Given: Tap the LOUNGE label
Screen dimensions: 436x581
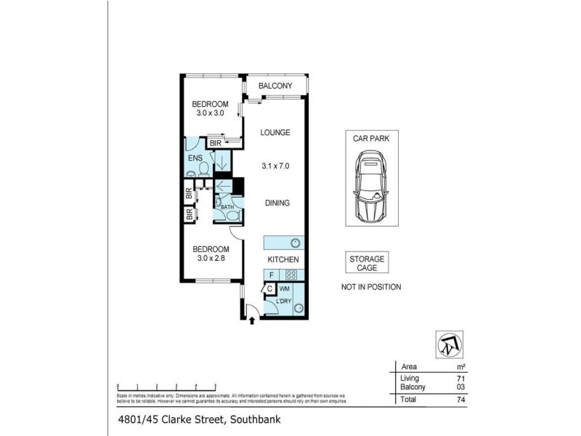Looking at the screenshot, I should pyautogui.click(x=276, y=132).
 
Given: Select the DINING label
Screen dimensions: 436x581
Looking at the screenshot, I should pyautogui.click(x=276, y=204).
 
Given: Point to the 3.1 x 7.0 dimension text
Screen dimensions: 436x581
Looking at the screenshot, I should pyautogui.click(x=276, y=166).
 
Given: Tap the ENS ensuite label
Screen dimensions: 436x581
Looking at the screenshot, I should pyautogui.click(x=195, y=158).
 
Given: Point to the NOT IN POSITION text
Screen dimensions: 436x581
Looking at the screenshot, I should pyautogui.click(x=370, y=287).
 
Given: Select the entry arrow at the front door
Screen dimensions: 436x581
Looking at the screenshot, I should pyautogui.click(x=252, y=319).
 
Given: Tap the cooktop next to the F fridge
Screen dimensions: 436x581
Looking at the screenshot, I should pyautogui.click(x=290, y=275).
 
